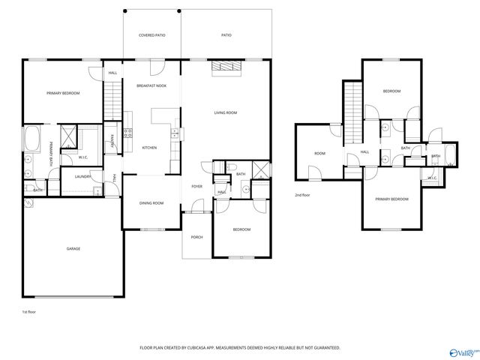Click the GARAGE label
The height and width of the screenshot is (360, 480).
pos(73,249)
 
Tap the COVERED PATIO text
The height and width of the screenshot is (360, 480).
pos(152,35)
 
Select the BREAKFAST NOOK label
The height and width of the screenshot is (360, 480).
pos(151,85)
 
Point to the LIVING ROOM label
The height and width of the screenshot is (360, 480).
pos(225,112)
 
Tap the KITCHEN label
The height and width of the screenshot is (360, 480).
pos(149,148)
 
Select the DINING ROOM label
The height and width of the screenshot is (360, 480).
pos(151,203)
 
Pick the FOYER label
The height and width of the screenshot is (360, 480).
pos(196,186)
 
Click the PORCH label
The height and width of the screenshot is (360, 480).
pos(196,237)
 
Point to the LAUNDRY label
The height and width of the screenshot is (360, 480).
pos(82,176)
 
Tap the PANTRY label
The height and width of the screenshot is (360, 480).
pos(112,139)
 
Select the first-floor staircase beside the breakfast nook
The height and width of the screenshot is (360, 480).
pos(112,97)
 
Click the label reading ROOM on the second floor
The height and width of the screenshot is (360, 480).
pos(319,153)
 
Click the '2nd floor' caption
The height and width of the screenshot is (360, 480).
pos(302,194)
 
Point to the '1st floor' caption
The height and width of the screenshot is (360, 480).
pos(28,310)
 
